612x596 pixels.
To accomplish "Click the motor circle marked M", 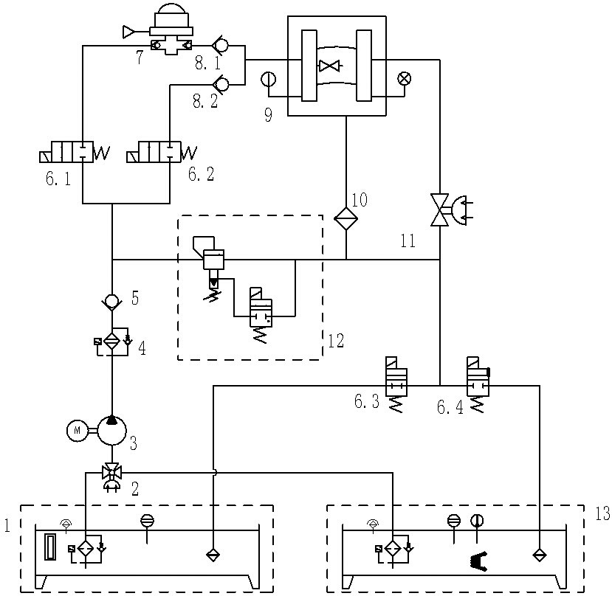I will click(x=77, y=430).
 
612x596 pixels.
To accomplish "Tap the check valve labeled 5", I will click(x=111, y=301).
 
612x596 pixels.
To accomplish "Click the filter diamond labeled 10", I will click(x=346, y=218).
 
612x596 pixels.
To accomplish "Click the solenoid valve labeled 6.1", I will click(x=74, y=154).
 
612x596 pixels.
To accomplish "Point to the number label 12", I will click(x=336, y=341).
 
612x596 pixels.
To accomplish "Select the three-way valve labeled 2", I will click(x=111, y=474).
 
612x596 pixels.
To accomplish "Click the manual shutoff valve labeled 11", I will click(x=441, y=209).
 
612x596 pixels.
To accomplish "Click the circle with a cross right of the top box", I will click(x=405, y=77).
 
